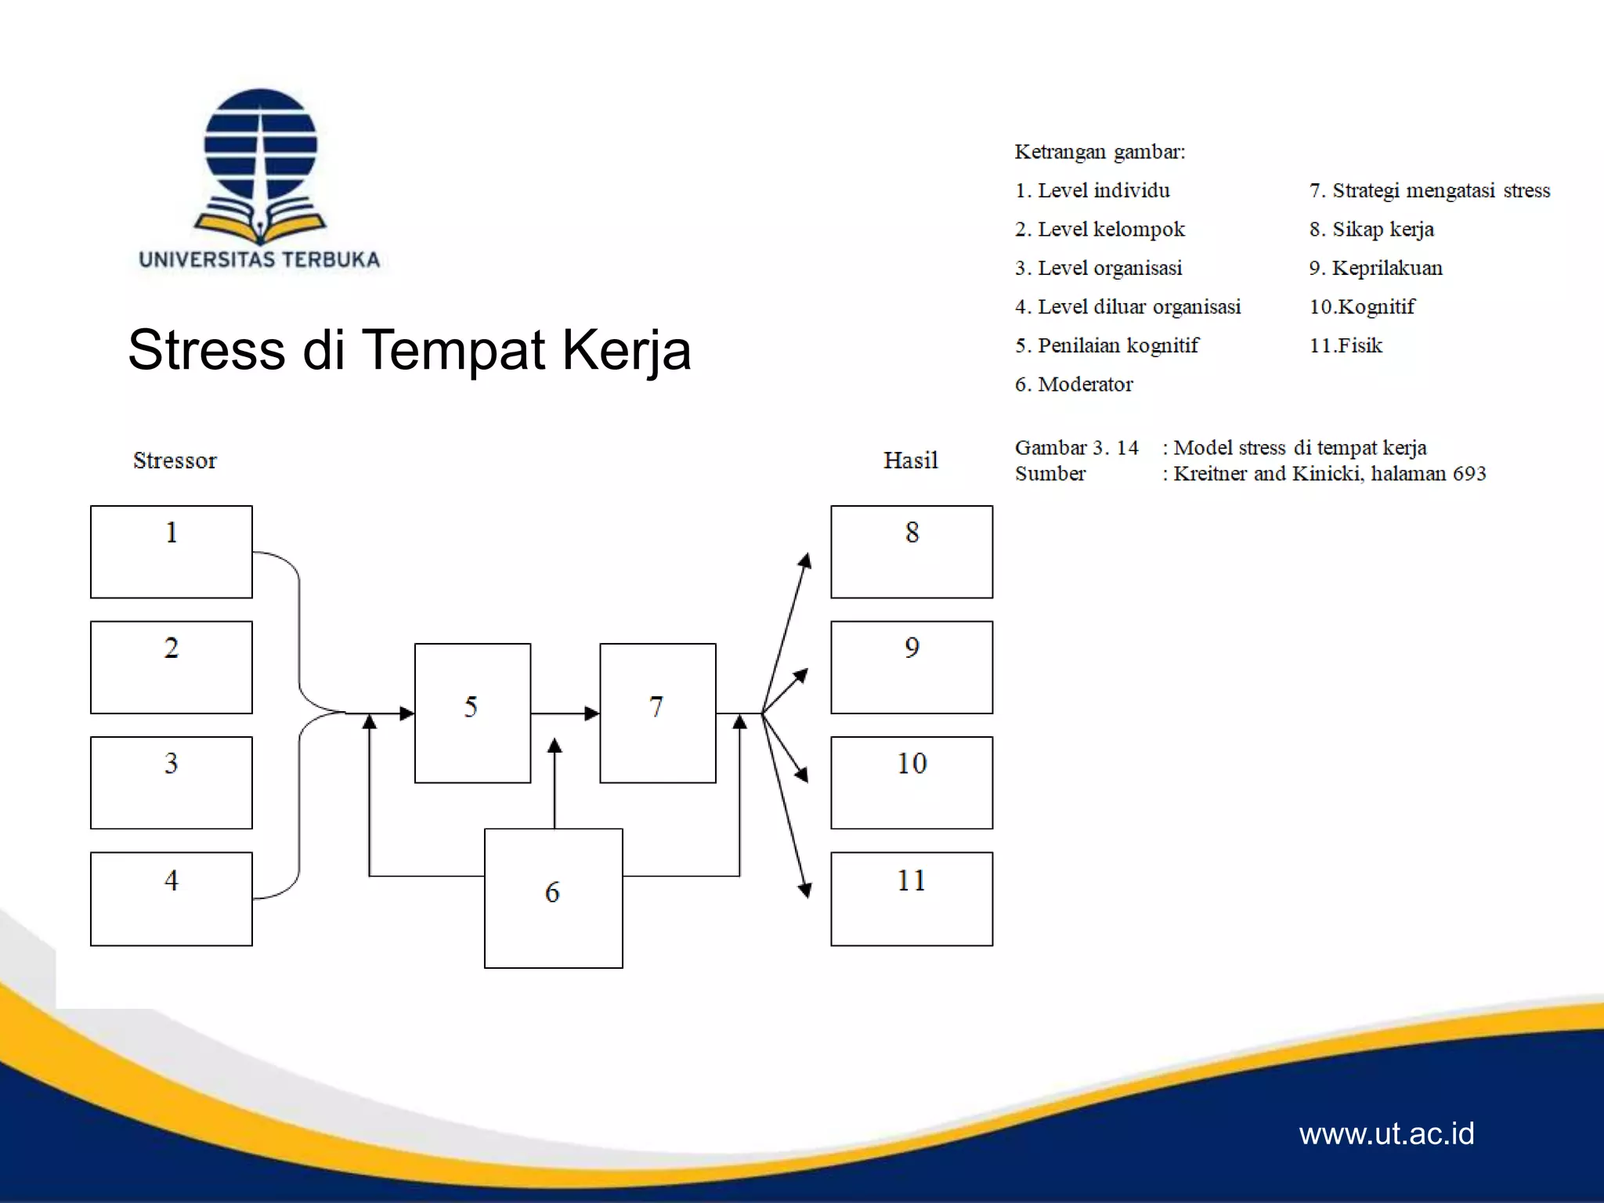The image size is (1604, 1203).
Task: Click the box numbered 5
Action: (472, 713)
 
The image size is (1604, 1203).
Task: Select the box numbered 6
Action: (553, 898)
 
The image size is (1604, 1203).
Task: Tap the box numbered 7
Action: (657, 713)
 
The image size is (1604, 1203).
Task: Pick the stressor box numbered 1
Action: (171, 551)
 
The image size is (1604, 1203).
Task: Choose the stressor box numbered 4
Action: (171, 898)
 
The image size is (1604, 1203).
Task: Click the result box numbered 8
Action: (912, 551)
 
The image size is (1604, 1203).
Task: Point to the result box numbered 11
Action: (912, 898)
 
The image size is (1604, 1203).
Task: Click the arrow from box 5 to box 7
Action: (564, 713)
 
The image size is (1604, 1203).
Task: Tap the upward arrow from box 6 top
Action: (555, 783)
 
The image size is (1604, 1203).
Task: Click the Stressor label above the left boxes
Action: (175, 461)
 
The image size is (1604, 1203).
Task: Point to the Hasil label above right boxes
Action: (910, 461)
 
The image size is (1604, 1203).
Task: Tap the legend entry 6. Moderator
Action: (1074, 385)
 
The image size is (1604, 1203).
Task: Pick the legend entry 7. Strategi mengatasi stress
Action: (1429, 191)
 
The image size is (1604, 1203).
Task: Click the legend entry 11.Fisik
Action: (1346, 345)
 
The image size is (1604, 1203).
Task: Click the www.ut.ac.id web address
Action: (1386, 1133)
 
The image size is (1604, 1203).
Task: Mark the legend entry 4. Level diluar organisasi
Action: (1128, 307)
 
